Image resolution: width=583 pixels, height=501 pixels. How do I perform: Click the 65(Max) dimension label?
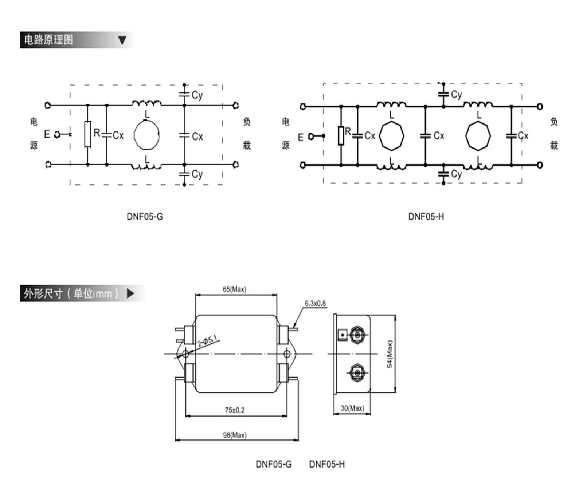(234, 289)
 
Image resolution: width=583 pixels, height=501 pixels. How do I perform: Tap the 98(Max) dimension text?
(235, 435)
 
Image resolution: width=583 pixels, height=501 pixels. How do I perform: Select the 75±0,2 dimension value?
(235, 410)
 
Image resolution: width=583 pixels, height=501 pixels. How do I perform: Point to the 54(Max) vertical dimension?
(390, 354)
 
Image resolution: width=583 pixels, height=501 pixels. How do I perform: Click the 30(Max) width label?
(352, 408)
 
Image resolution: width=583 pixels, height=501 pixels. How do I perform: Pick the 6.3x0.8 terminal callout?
(315, 303)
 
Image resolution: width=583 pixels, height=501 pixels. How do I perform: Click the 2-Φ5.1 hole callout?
(207, 341)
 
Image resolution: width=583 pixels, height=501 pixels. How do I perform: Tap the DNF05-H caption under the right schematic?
(426, 217)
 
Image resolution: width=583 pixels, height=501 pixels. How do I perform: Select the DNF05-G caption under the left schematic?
(145, 217)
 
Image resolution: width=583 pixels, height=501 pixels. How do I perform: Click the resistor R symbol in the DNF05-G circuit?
(87, 134)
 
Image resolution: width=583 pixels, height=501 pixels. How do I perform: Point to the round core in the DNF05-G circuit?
(146, 135)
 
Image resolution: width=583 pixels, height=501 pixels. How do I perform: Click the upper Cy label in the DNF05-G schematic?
(197, 95)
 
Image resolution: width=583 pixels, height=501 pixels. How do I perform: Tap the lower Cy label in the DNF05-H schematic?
(456, 174)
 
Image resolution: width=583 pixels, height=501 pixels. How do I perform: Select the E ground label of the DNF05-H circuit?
(301, 137)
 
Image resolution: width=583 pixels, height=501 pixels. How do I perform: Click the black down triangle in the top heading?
(122, 40)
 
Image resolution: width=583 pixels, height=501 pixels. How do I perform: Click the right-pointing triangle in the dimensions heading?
(130, 293)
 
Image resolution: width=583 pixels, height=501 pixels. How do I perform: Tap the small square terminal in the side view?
(342, 335)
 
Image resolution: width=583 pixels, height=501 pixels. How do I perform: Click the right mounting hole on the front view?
(287, 354)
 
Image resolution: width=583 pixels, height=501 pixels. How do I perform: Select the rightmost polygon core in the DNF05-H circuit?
(478, 136)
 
